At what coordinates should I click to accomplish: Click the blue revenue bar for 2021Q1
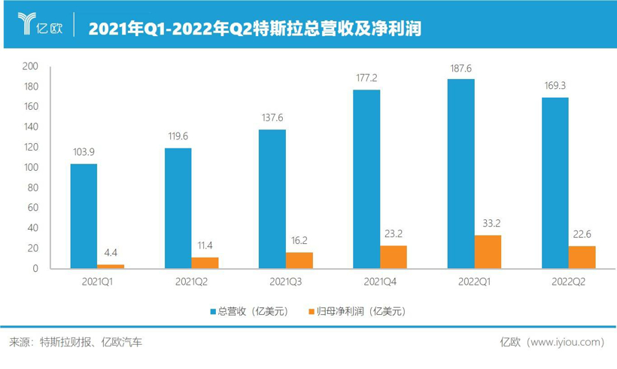[x=84, y=216]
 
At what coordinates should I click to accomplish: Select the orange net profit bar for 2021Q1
[x=111, y=267]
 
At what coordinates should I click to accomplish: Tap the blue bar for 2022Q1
[x=460, y=173]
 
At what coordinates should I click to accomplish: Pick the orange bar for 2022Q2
[x=582, y=257]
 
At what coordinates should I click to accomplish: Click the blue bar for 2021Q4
[x=366, y=178]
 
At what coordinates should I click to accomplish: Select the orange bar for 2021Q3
[x=299, y=261]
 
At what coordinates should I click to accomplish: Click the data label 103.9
[x=84, y=152]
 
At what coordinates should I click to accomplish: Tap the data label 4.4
[x=111, y=254]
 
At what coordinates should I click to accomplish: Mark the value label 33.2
[x=488, y=224]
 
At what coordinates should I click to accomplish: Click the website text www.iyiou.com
[x=567, y=342]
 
